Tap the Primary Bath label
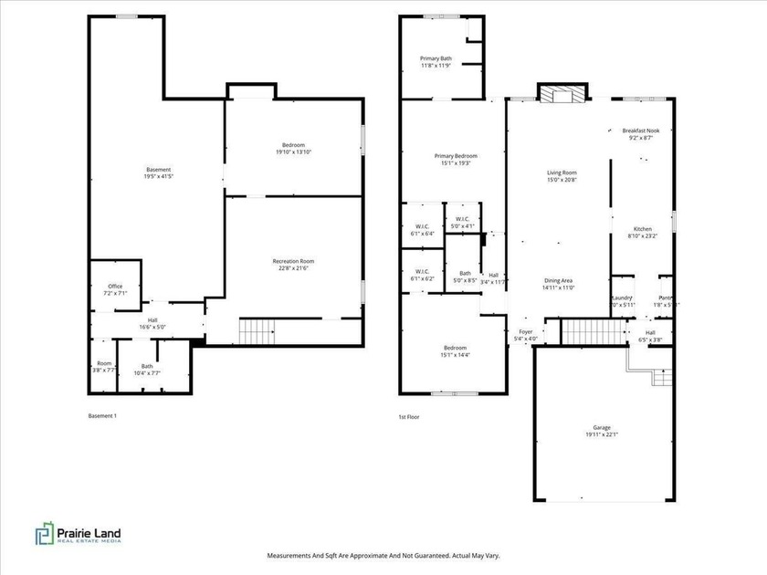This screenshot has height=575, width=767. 436,58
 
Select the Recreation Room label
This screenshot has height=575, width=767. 293,261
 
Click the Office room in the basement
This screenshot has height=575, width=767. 115,287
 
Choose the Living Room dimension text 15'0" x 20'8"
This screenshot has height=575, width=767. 562,179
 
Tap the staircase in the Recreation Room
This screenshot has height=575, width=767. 256,329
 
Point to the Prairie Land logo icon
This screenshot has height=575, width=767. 44,534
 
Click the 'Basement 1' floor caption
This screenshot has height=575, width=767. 102,416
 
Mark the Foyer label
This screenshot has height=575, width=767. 526,331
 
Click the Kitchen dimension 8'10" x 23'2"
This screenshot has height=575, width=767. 644,235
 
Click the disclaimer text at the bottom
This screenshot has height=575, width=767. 383,555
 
